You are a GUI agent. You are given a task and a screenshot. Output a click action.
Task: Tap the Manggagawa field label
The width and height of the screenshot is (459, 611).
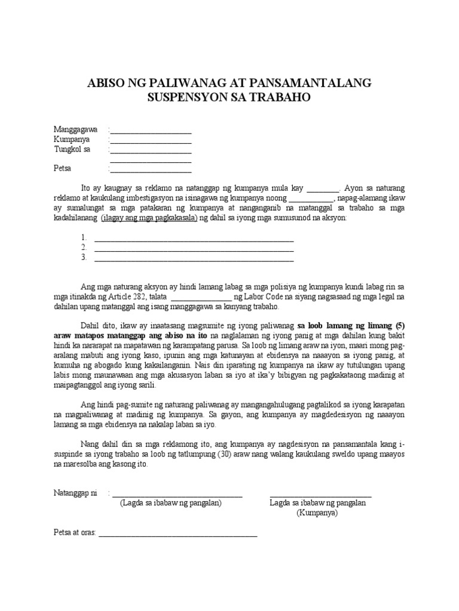pyautogui.click(x=75, y=129)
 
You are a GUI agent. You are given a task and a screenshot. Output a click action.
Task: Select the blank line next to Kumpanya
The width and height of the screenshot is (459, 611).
pyautogui.click(x=151, y=141)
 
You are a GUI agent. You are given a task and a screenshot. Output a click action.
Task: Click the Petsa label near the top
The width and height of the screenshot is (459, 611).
pyautogui.click(x=63, y=169)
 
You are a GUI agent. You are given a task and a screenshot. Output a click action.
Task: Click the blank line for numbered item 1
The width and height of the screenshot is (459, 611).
pyautogui.click(x=194, y=239)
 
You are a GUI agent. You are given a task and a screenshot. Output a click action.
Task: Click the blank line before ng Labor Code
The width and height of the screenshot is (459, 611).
pyautogui.click(x=201, y=298)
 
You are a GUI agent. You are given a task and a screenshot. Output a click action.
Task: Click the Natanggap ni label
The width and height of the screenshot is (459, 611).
pyautogui.click(x=76, y=493)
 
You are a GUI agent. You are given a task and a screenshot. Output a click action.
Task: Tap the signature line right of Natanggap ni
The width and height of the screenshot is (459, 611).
pyautogui.click(x=178, y=495)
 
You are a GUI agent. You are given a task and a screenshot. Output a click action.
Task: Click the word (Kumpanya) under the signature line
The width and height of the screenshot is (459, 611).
pyautogui.click(x=317, y=513)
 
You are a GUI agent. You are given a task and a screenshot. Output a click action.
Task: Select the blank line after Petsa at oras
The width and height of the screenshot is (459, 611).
pyautogui.click(x=178, y=535)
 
